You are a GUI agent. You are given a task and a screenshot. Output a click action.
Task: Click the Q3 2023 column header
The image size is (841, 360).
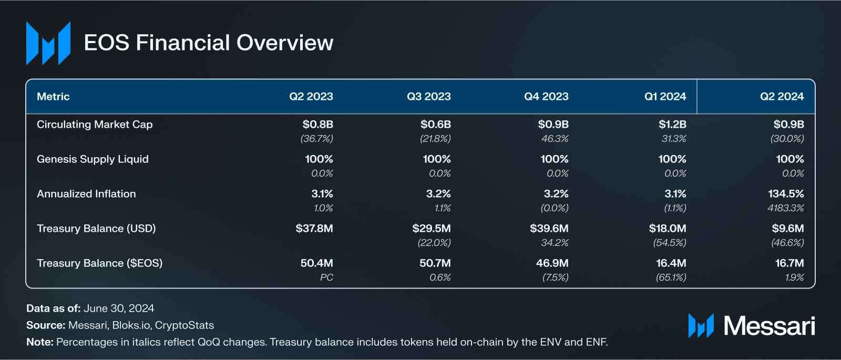[x=428, y=97]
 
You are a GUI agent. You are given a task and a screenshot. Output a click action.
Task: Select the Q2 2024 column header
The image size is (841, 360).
[x=782, y=97]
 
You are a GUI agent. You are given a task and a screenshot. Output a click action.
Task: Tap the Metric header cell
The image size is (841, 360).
[x=53, y=97]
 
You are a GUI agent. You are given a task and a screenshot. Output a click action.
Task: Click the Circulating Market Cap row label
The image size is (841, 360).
[x=95, y=125]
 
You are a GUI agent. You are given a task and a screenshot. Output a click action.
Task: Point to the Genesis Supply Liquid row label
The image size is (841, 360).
[x=93, y=159]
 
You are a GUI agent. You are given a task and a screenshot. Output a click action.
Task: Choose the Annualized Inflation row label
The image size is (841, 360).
[x=86, y=194]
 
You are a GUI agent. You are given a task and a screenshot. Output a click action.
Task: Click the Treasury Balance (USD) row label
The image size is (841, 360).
[x=96, y=229]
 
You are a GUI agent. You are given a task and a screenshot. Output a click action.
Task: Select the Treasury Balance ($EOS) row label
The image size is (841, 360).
[x=99, y=263]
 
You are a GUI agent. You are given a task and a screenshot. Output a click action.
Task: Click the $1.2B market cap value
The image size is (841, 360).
[x=672, y=125]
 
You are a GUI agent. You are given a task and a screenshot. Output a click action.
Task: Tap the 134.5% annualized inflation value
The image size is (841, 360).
[x=786, y=194]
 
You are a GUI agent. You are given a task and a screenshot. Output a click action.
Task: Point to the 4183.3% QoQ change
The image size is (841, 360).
[x=785, y=208]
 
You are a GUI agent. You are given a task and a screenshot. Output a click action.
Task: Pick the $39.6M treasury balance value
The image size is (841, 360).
[x=549, y=229]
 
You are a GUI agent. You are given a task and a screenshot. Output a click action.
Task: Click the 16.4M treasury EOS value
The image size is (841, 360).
[x=671, y=263]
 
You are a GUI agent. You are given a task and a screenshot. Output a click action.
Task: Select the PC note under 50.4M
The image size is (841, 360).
[x=326, y=277]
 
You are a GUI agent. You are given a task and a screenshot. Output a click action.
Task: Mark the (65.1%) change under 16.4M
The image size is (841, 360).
[x=671, y=277]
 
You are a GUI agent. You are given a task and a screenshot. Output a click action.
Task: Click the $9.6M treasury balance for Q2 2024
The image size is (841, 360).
[x=787, y=229]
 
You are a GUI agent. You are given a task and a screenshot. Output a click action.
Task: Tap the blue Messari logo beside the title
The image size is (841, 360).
[x=48, y=43]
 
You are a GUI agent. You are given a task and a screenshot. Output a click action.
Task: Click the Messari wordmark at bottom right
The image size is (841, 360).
[x=769, y=326]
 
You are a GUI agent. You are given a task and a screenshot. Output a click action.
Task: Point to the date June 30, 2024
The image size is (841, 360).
[x=119, y=308]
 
